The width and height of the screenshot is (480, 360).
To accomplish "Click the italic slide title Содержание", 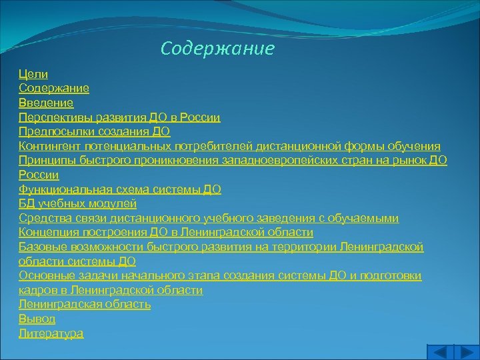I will coord(217,49).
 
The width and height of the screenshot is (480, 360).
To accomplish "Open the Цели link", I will coord(33,74).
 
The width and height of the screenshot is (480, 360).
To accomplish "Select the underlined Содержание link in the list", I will coord(54,88).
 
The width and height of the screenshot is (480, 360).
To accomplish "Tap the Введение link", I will coord(46,103).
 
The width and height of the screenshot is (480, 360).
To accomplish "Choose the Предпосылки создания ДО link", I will coord(94,132).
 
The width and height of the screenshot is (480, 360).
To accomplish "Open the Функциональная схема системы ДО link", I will coord(119,189).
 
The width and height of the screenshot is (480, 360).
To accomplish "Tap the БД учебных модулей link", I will coord(77,204).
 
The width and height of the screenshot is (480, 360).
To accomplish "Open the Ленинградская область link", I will coord(85,305).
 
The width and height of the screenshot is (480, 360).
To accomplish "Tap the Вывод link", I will coord(37,319).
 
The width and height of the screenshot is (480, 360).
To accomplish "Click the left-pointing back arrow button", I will coord(439,352).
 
